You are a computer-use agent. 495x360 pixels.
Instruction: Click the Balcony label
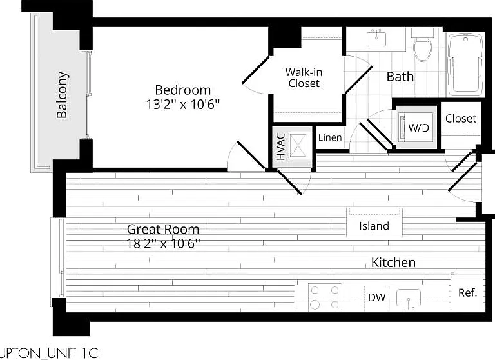62,95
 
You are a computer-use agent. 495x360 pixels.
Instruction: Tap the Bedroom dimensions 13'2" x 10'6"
183,105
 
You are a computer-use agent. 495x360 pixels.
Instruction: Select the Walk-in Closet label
304,78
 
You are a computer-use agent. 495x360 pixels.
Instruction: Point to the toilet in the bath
422,45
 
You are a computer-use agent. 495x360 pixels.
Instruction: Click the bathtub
466,65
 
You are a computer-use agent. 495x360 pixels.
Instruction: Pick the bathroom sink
376,38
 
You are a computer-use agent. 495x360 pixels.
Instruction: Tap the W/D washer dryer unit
416,127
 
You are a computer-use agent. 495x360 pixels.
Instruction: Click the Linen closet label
330,137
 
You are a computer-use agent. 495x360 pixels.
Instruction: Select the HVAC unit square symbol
298,145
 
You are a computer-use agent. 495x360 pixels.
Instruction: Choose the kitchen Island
374,223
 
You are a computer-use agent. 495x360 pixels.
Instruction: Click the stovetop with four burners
325,297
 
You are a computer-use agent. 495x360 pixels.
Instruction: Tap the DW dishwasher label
377,297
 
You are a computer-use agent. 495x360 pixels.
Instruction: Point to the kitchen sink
409,298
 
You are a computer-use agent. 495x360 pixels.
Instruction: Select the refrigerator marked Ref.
467,293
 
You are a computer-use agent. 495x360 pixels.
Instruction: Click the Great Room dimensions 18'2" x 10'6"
163,244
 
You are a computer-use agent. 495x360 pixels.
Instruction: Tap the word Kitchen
393,263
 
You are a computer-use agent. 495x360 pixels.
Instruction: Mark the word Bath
400,77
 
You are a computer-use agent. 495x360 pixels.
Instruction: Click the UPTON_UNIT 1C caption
49,353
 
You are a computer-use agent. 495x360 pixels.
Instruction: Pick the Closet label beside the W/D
461,119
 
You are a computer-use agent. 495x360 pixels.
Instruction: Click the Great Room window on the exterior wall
59,257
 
